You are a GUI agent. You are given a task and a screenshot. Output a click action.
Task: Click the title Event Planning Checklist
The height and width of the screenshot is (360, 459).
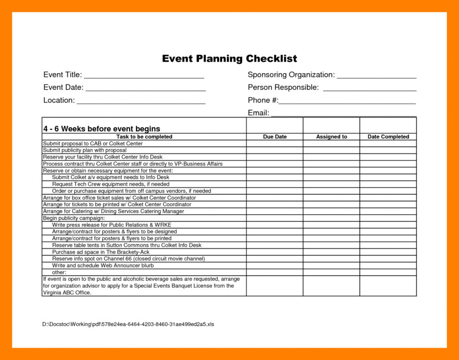[x=229, y=59]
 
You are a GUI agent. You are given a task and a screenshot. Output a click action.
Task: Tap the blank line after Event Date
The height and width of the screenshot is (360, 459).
[x=145, y=89]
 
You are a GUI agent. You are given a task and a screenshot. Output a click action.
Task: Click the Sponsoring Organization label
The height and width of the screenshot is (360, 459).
[x=291, y=75]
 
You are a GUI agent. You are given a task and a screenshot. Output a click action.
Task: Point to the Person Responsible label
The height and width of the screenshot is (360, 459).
[x=283, y=87]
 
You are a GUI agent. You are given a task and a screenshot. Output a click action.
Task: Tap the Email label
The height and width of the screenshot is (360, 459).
[x=258, y=113]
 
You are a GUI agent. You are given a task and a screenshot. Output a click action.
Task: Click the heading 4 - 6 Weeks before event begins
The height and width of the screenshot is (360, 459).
[x=102, y=129]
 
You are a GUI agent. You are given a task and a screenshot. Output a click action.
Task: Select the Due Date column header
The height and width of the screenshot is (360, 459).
[x=275, y=137]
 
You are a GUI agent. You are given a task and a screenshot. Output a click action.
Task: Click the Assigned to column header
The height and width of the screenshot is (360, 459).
[x=331, y=137]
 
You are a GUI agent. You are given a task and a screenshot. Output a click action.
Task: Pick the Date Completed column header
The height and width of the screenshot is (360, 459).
[x=388, y=137]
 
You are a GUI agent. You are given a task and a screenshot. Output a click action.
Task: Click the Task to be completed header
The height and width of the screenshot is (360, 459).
[x=144, y=137]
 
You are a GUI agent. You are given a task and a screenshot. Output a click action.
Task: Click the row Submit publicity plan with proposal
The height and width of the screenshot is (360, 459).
[x=85, y=150]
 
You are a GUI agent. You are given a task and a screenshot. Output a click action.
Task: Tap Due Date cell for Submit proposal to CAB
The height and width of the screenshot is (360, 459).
[x=275, y=143]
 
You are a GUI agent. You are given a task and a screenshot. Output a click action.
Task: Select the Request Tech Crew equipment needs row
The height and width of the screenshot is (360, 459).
[x=111, y=184]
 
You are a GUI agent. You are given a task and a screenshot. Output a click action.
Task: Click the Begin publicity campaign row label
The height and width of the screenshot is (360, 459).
[x=74, y=218]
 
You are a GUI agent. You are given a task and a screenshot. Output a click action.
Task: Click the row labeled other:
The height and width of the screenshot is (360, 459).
[x=59, y=272]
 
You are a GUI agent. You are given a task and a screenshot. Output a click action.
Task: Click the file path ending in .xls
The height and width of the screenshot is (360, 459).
[x=128, y=324]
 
